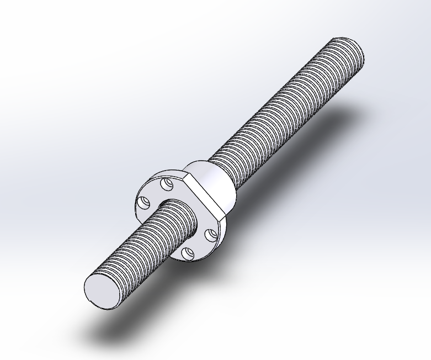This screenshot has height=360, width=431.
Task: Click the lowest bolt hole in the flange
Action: pos(188,253)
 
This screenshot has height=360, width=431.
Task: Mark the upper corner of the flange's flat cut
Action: pos(188,175)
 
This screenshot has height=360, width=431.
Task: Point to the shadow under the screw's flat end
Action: pos(110,331)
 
